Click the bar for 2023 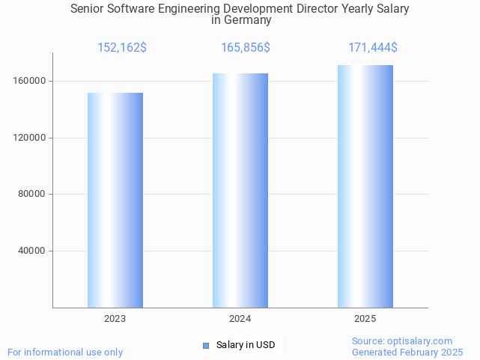pos(115,200)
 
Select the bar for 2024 pos(240,190)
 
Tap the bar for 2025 pos(365,186)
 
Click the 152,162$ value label pos(122,48)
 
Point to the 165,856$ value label pos(246,48)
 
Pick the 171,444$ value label pos(373,48)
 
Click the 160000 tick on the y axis pos(31,81)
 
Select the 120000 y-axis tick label pos(31,138)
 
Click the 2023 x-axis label pos(115,319)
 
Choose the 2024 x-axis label pos(240,319)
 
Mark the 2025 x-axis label pos(365,319)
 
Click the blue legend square pos(207,345)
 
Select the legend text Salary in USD pos(246,345)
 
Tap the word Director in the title pos(324,9)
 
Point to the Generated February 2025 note pos(407,352)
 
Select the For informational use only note pos(65,352)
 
